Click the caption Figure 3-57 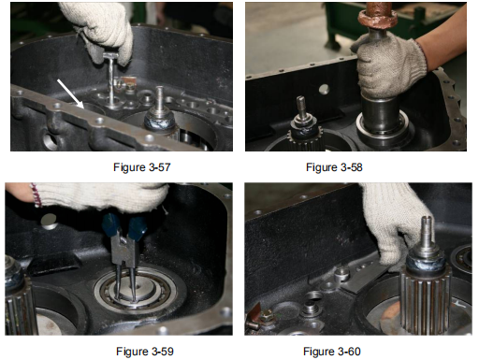(x=142, y=167)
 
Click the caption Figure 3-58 (x=334, y=167)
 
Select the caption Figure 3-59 (x=145, y=352)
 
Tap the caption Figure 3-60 (x=332, y=352)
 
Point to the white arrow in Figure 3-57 (x=70, y=94)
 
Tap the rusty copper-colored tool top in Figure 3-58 (x=378, y=16)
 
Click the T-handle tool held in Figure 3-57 (x=111, y=79)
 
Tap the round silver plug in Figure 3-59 (x=50, y=222)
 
